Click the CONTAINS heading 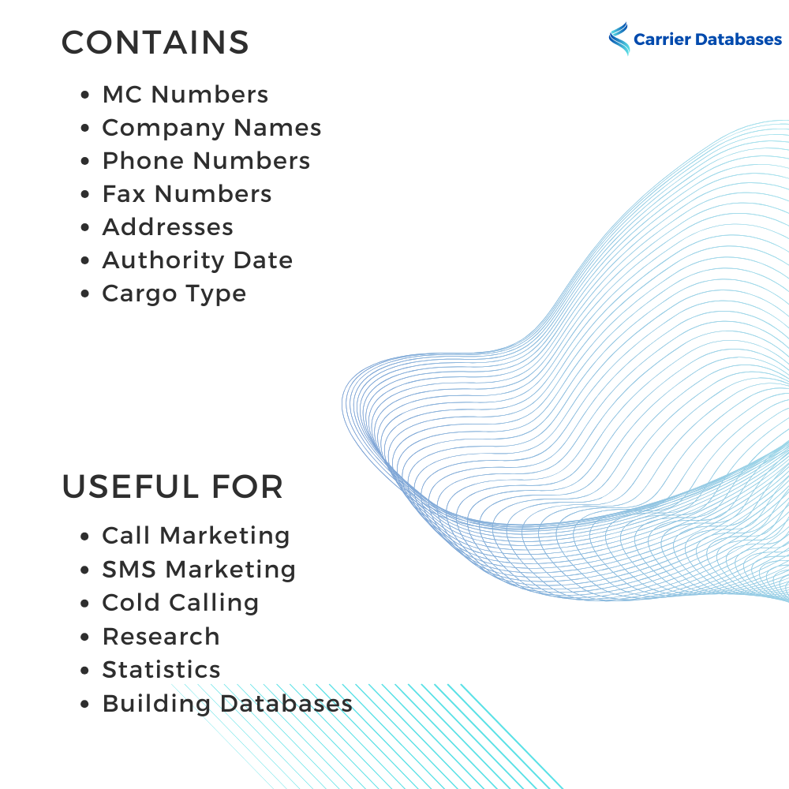pos(155,43)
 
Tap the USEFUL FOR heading pos(172,487)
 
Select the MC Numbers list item pos(185,95)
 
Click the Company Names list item pos(211,128)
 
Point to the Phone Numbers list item pos(206,161)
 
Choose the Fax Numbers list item pos(187,194)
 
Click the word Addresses pos(168,227)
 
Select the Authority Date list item pos(197,260)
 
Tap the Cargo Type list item pos(174,294)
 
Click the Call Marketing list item pos(196,536)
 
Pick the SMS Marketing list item pos(199,569)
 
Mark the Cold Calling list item pos(181,603)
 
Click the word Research pos(161,637)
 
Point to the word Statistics pos(162,670)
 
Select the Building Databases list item pos(227,703)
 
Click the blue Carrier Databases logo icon pos(619,39)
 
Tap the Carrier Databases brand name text pos(707,39)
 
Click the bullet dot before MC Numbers pos(85,95)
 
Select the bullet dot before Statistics pos(85,671)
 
